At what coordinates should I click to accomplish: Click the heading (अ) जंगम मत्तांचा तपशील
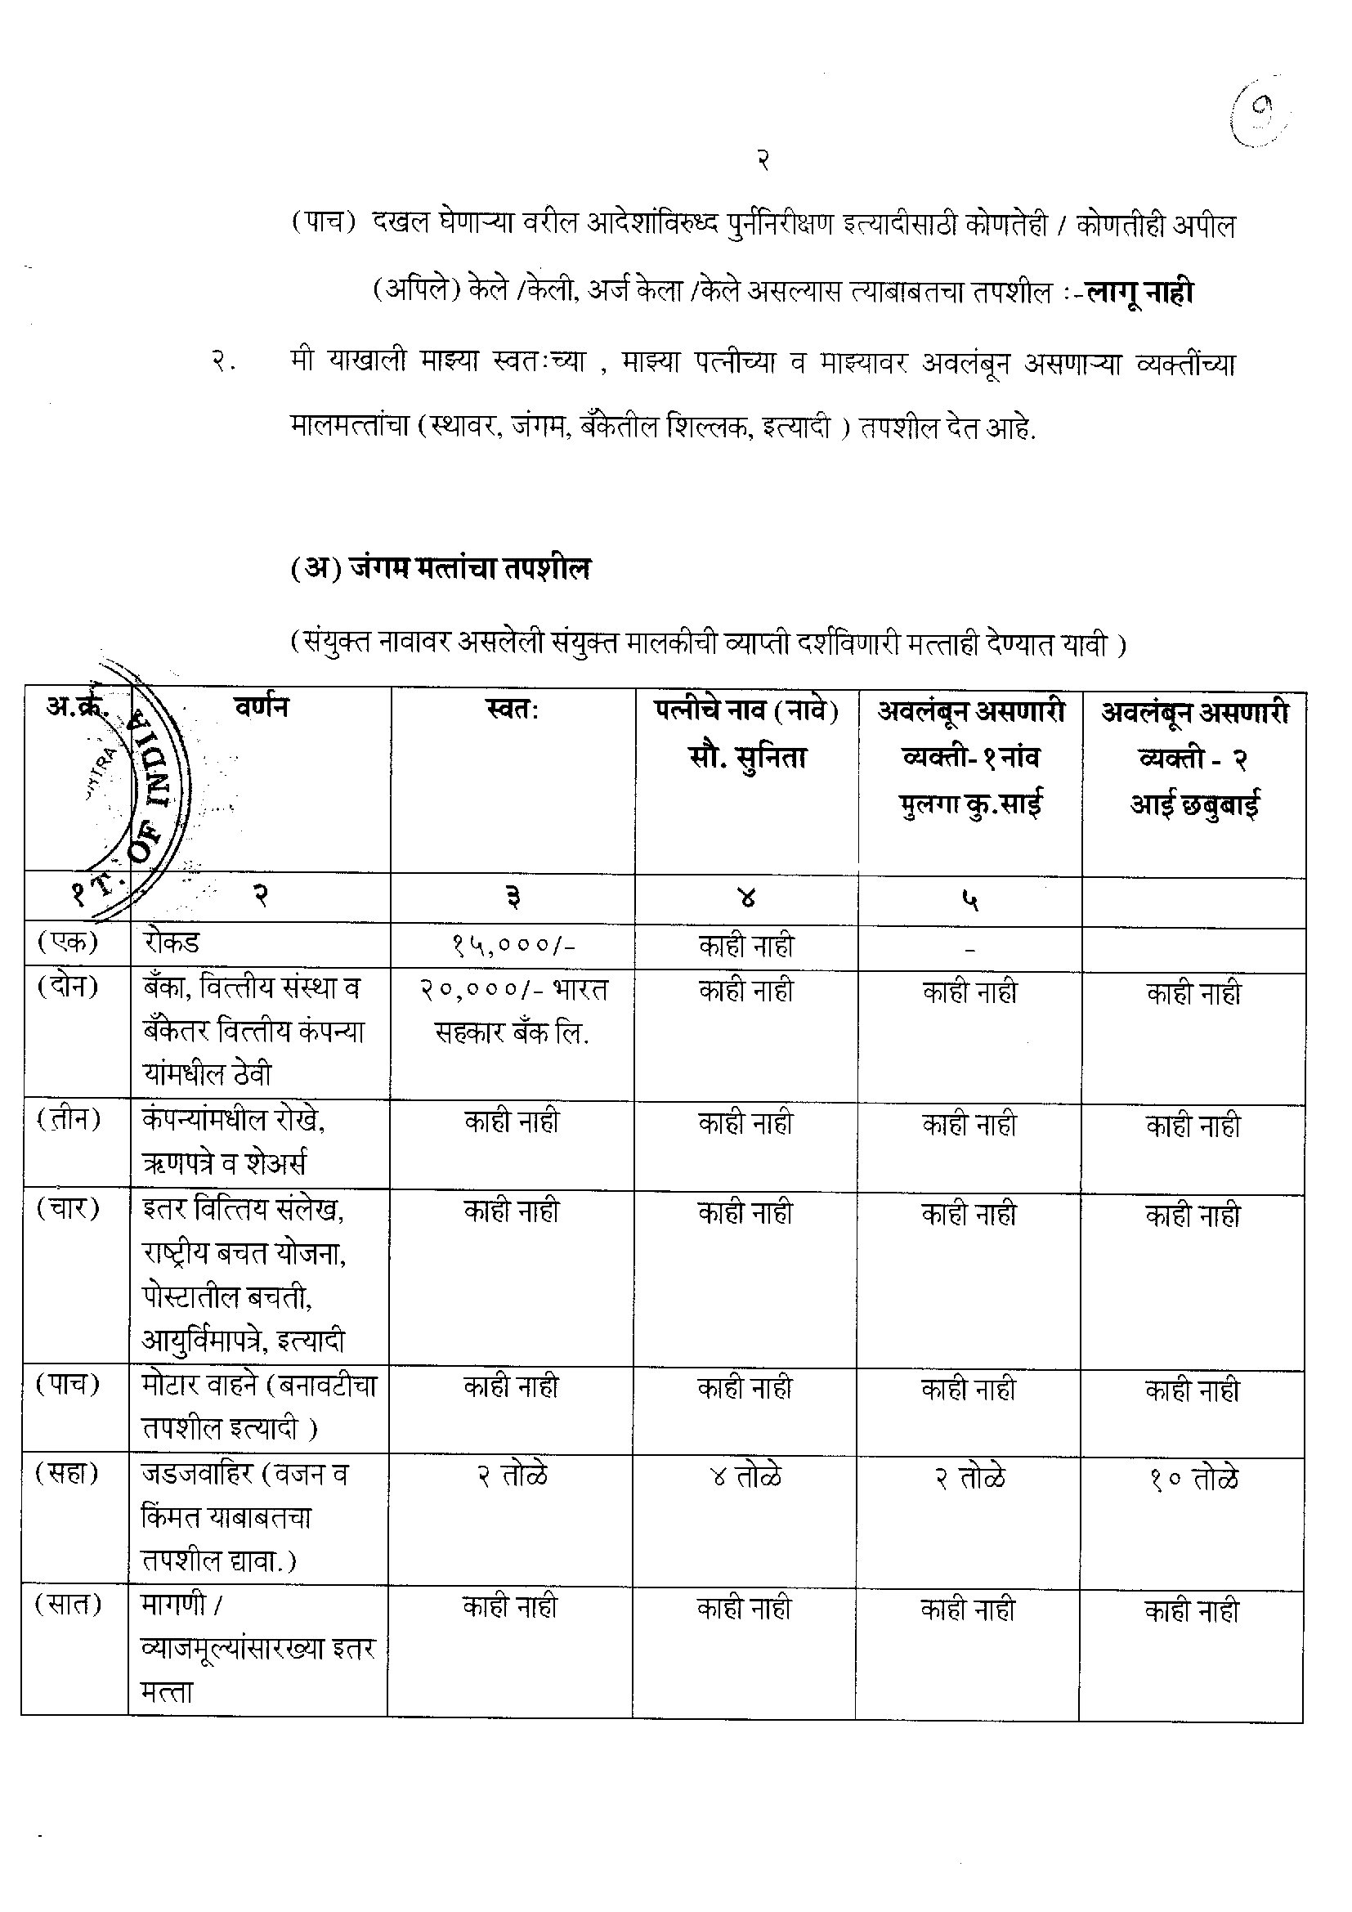(x=441, y=569)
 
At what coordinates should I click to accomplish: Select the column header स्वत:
(x=511, y=710)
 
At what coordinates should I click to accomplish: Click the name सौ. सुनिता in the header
(x=747, y=759)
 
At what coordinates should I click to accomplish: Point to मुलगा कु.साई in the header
(x=970, y=804)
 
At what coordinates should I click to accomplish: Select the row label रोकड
(x=171, y=943)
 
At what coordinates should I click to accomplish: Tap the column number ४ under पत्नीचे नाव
(x=747, y=898)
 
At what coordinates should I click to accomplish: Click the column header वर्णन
(x=262, y=708)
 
